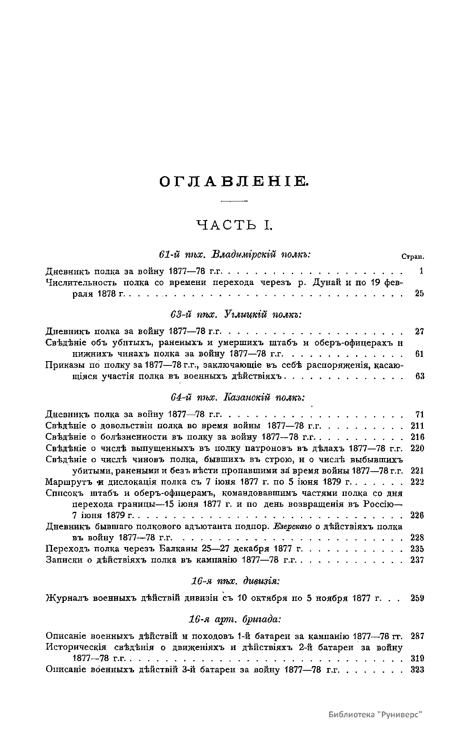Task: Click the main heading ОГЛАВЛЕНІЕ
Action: pyautogui.click(x=234, y=182)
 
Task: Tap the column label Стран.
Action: pyautogui.click(x=413, y=257)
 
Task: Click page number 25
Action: pyautogui.click(x=419, y=293)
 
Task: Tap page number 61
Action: pyautogui.click(x=419, y=354)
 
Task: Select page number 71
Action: pyautogui.click(x=419, y=415)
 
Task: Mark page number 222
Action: pyautogui.click(x=417, y=482)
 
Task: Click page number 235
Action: pyautogui.click(x=417, y=549)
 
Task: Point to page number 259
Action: pyautogui.click(x=417, y=598)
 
